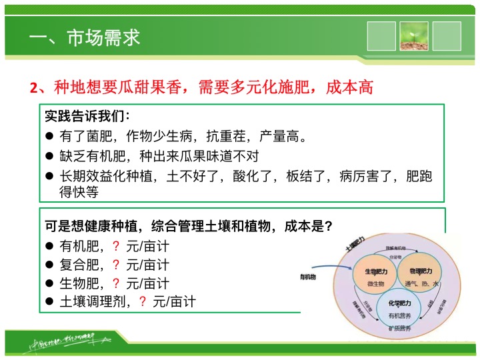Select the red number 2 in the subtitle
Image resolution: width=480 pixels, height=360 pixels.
coord(33,88)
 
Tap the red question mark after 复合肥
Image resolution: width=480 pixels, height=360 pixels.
coord(116,265)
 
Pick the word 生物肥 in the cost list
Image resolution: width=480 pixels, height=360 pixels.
coord(79,283)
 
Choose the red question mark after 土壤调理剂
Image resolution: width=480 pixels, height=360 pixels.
coord(142,301)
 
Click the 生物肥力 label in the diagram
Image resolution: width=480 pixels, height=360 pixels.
coord(375,272)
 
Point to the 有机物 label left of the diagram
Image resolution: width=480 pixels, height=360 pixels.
coord(307,277)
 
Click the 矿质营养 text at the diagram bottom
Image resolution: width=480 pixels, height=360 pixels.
coord(398,328)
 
